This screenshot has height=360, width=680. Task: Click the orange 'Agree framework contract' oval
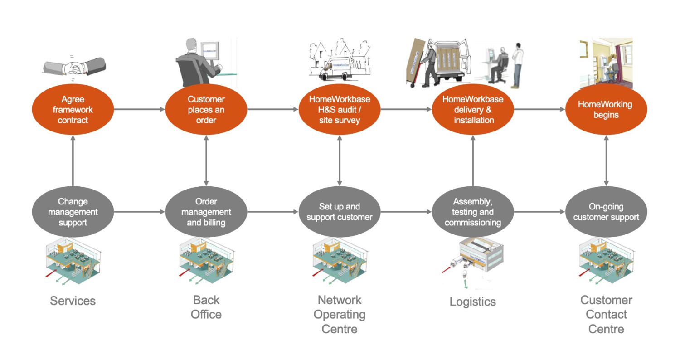(73, 110)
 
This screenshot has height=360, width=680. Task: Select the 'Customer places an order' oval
(206, 110)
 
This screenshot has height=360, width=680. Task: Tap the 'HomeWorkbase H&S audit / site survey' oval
(340, 110)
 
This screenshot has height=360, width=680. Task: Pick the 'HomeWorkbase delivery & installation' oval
(473, 110)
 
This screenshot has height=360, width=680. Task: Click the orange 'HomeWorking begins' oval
(606, 110)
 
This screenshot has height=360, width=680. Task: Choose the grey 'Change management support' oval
(73, 212)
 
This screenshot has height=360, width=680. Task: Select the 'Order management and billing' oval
(206, 212)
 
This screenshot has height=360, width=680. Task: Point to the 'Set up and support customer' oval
(340, 212)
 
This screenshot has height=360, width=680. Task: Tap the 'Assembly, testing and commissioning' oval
(473, 212)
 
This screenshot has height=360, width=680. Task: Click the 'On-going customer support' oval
(606, 212)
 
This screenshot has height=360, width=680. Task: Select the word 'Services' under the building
(73, 301)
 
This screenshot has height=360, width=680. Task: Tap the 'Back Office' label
(206, 307)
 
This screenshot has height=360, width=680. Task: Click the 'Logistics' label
(473, 302)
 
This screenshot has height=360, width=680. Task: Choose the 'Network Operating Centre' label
(340, 314)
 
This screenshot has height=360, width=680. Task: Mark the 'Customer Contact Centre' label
(606, 314)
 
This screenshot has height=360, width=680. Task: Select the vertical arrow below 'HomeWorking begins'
(606, 161)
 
